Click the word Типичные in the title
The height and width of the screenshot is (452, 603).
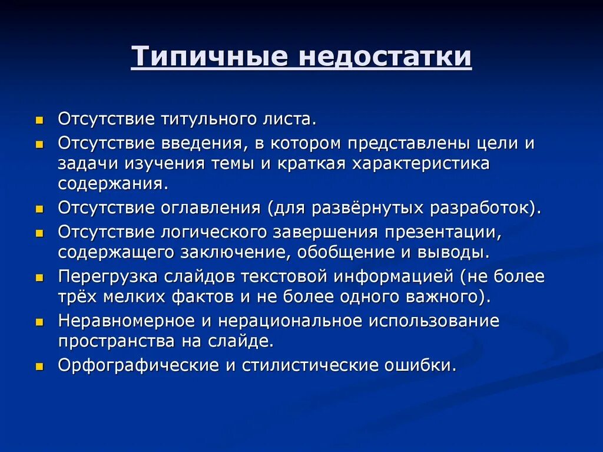(209, 57)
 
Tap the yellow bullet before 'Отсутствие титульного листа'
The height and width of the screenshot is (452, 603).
(39, 120)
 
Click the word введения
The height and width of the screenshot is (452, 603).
(197, 144)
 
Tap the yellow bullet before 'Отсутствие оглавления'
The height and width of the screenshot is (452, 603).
(39, 209)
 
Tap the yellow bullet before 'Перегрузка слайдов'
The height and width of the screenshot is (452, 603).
(39, 278)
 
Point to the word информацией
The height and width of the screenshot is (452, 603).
(395, 276)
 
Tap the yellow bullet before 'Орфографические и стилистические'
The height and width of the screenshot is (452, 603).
(39, 367)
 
